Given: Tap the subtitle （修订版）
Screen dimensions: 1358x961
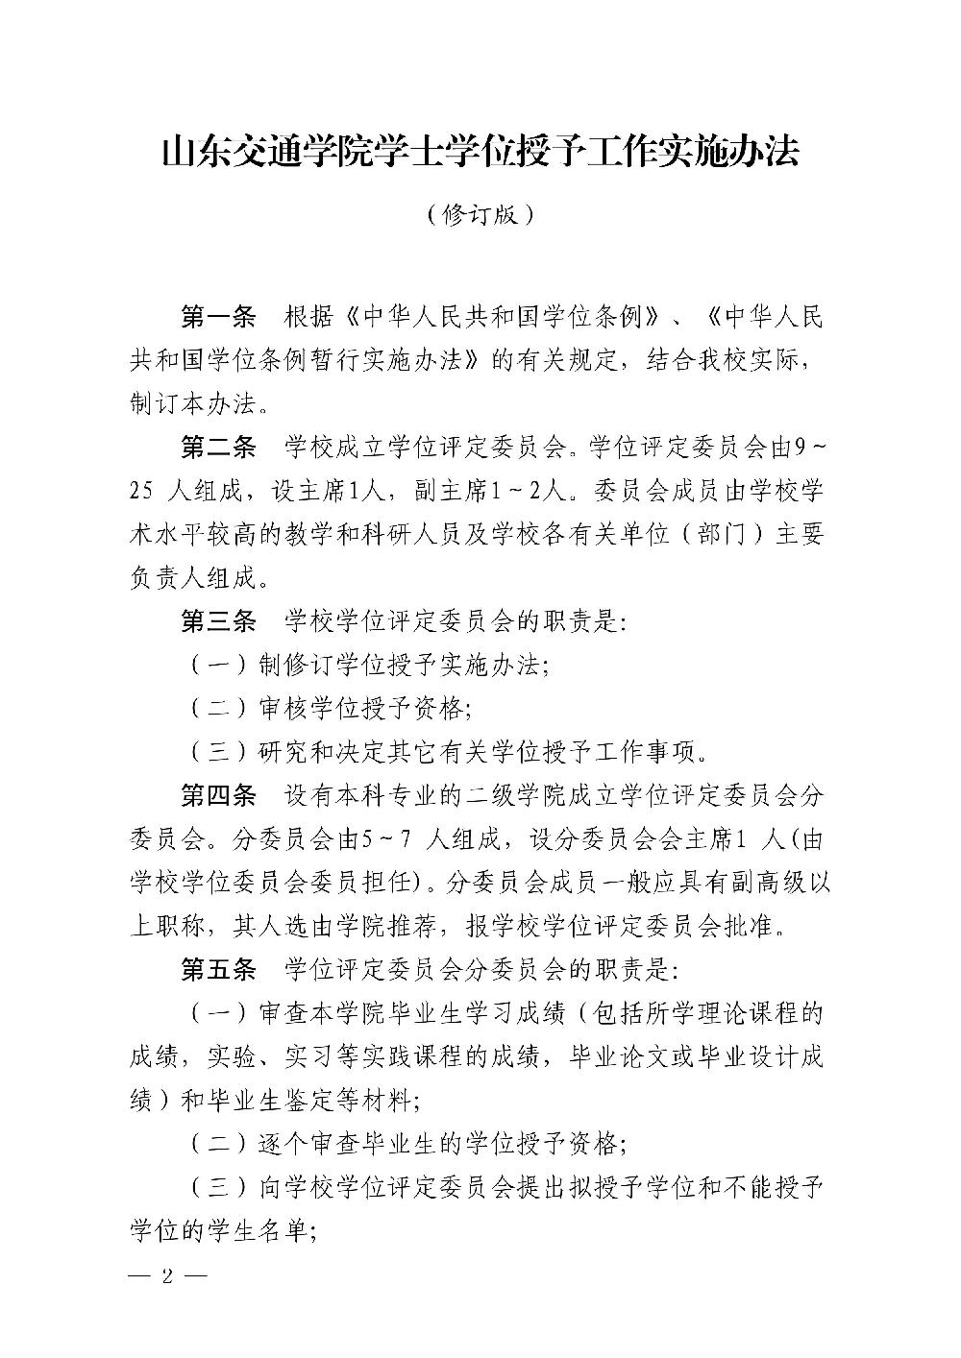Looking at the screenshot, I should coord(480,214).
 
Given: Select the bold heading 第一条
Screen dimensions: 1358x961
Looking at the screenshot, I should coord(218,316).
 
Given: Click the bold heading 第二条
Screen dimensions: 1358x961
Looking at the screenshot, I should coord(218,447).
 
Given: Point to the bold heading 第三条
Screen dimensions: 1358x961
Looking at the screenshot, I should coord(218,621).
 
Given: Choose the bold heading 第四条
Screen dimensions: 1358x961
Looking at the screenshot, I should coord(218,796).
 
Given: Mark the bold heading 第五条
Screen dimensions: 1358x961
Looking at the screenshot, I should coord(218,970).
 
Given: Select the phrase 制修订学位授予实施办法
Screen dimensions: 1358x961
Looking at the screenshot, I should coord(401,666).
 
